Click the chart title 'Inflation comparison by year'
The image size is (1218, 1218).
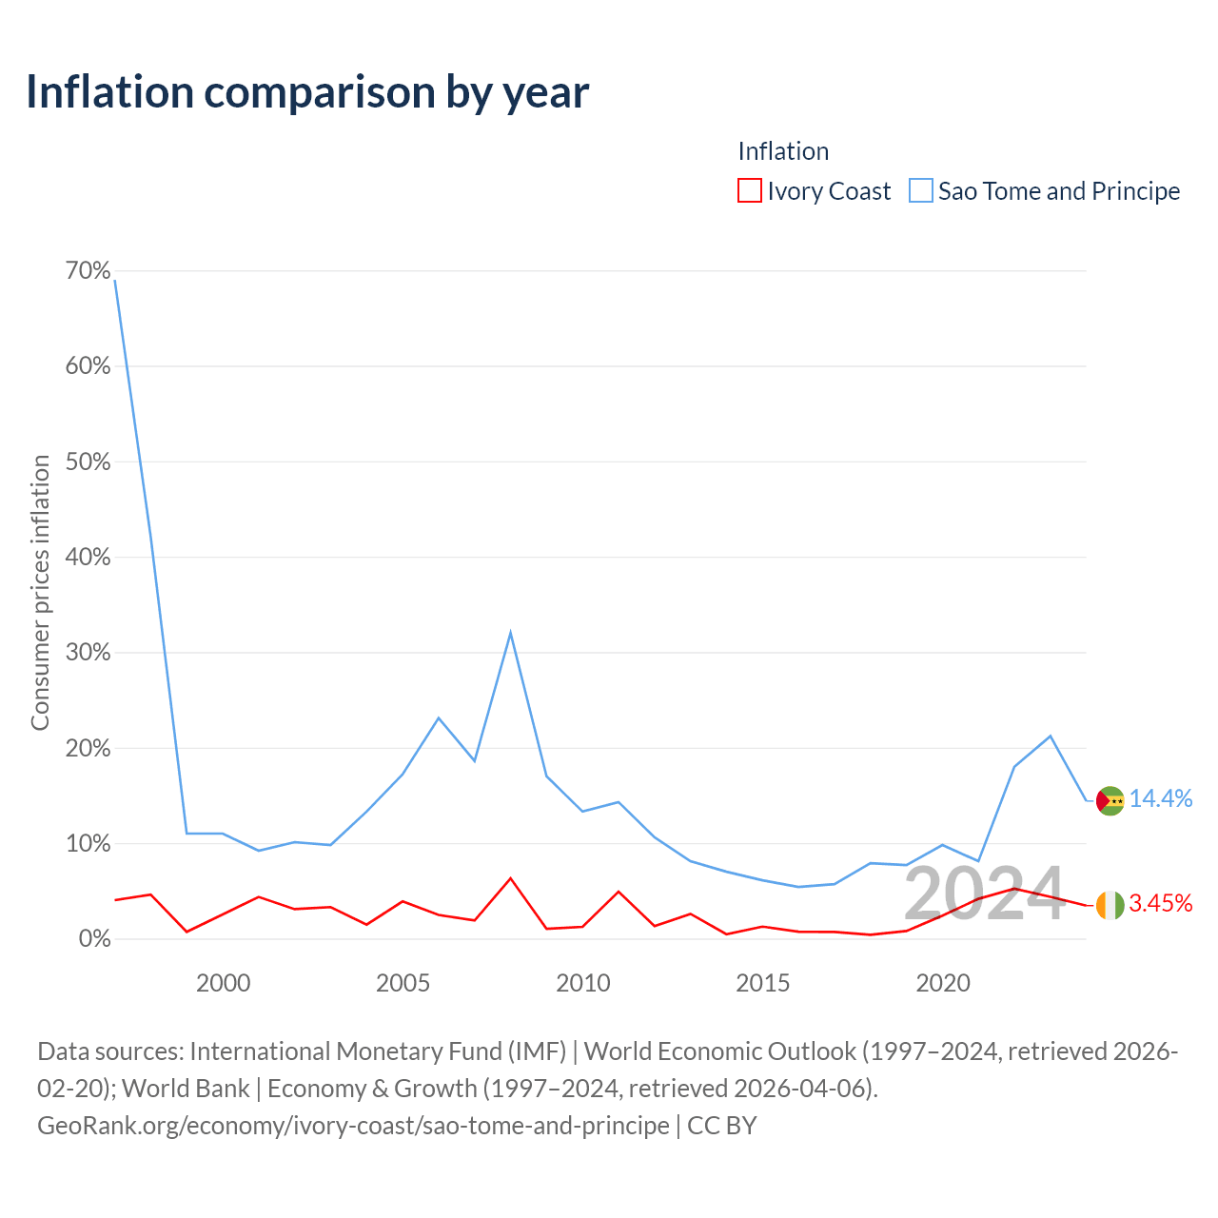coord(307,93)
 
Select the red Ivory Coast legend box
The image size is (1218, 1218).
coord(749,190)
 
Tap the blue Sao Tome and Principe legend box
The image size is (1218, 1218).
coord(920,190)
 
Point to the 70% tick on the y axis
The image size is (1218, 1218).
coord(88,270)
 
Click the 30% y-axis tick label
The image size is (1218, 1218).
coord(88,653)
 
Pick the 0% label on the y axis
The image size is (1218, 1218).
coord(95,938)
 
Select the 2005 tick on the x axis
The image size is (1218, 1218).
coord(403,983)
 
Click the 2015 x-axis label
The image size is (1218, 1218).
coord(763,983)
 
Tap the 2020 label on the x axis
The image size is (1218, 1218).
coord(943,983)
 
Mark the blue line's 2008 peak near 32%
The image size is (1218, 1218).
coord(510,633)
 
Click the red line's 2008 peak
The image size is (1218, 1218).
coord(510,878)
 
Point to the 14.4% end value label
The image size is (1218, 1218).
coord(1161,799)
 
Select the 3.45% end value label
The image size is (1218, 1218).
coord(1161,903)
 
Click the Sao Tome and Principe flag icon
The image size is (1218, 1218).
coord(1110,801)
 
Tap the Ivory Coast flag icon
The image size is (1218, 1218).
coord(1110,905)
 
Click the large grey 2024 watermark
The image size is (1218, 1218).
coord(985,894)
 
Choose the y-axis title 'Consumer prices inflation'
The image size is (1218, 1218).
coord(40,592)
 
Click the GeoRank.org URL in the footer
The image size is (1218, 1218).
coord(353,1125)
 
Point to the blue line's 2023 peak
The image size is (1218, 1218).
coord(1051,736)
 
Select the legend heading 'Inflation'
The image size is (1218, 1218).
coord(783,151)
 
